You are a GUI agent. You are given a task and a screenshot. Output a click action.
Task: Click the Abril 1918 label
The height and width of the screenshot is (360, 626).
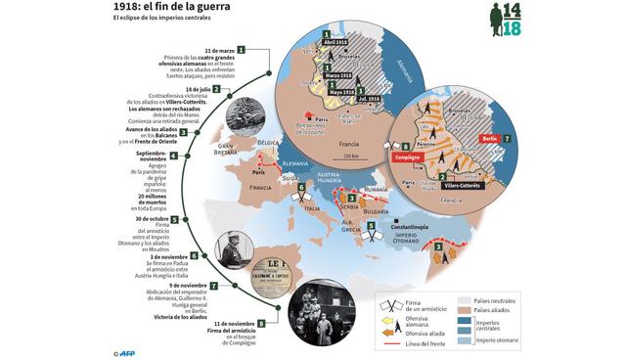pos(335,43)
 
